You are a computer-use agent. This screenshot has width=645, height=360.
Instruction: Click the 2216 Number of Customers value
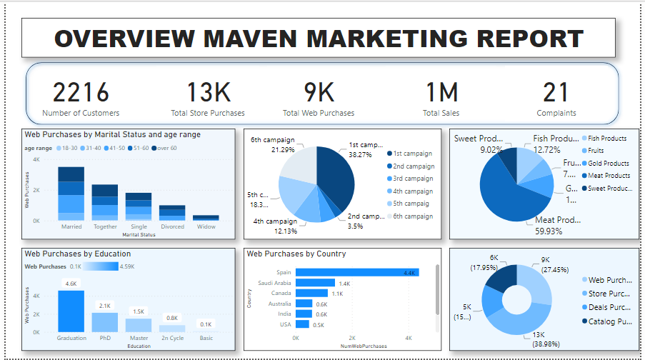81,93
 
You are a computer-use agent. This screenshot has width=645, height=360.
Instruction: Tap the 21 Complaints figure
556,93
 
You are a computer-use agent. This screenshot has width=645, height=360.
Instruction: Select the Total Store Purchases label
208,113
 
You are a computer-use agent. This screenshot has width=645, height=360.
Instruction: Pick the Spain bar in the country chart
356,272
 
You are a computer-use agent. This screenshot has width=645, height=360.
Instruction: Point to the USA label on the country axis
285,324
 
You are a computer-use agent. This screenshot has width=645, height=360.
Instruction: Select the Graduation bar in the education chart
71,311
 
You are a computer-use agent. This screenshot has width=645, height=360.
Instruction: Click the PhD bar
105,322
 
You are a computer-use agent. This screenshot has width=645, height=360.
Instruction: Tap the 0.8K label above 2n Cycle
172,318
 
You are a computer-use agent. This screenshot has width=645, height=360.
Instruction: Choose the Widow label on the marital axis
206,226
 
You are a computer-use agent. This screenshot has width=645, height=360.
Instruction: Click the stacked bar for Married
71,194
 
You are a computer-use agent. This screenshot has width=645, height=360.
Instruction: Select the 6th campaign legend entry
414,216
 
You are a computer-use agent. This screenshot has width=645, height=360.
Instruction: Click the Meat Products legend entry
609,176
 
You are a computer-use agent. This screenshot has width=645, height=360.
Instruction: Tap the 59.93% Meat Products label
552,231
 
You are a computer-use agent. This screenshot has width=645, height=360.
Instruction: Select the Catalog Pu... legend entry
610,321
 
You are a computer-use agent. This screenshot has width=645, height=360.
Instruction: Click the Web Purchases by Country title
296,254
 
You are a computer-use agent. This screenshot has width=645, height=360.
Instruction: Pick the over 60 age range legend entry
166,148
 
